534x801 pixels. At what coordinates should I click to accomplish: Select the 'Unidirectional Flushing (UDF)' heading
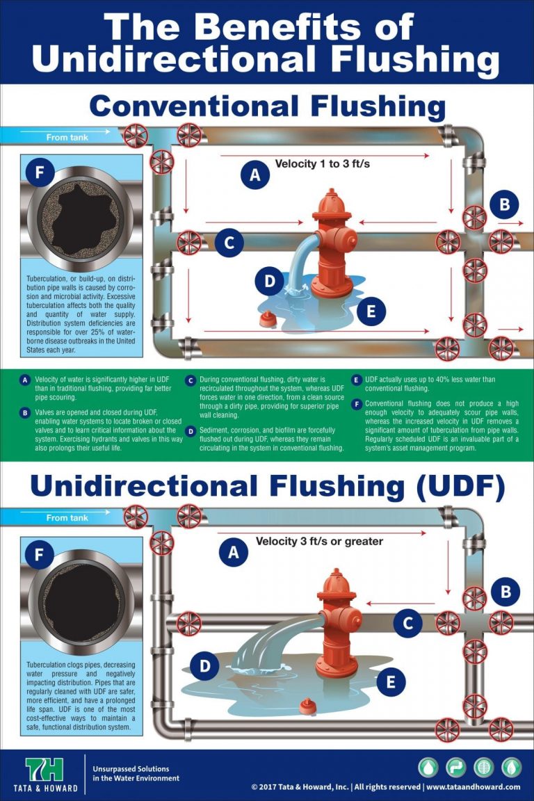[x=267, y=486]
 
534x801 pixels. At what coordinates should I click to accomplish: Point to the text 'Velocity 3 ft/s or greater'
[x=319, y=541]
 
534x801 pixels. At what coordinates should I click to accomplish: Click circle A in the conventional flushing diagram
[x=254, y=175]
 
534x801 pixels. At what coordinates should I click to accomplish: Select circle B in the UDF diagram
[x=505, y=592]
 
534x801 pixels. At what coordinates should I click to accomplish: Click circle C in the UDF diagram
[x=407, y=623]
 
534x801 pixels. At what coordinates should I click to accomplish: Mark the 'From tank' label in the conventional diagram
[x=67, y=137]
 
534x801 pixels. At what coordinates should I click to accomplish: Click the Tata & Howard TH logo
[x=44, y=770]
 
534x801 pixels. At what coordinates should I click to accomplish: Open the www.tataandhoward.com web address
[x=473, y=787]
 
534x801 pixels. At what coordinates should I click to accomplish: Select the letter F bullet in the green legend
[x=357, y=403]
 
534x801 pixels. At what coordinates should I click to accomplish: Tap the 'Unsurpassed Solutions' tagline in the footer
[x=131, y=769]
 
